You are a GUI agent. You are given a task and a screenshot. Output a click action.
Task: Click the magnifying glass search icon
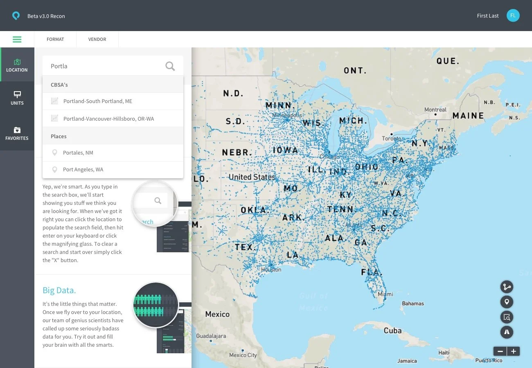(x=170, y=66)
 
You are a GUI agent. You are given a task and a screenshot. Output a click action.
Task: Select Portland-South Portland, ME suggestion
(x=97, y=101)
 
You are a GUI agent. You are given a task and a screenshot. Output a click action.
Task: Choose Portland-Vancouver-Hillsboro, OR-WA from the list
(x=108, y=119)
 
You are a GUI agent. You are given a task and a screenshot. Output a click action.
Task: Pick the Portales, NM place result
(x=78, y=153)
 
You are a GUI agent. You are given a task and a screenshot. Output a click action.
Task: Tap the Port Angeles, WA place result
(x=83, y=169)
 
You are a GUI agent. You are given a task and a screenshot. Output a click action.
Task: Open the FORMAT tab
(x=55, y=39)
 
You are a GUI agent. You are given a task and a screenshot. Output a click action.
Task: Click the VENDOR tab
(x=97, y=39)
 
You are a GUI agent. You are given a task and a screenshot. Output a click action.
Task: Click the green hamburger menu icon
(x=17, y=39)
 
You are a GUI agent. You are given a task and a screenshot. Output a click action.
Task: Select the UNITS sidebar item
(x=17, y=98)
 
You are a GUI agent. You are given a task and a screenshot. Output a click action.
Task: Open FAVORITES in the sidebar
(x=17, y=133)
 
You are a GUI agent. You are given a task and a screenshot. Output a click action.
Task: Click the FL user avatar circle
(x=513, y=16)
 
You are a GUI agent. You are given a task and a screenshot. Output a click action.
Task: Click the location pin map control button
(x=507, y=302)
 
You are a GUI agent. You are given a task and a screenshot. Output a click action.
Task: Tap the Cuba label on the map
(x=392, y=330)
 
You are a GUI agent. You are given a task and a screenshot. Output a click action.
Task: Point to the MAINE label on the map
(x=468, y=116)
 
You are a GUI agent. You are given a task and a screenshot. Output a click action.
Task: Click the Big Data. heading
(x=59, y=290)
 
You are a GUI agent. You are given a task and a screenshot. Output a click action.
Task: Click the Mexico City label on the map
(x=243, y=355)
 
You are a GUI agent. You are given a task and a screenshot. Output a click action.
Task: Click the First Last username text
(x=487, y=16)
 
